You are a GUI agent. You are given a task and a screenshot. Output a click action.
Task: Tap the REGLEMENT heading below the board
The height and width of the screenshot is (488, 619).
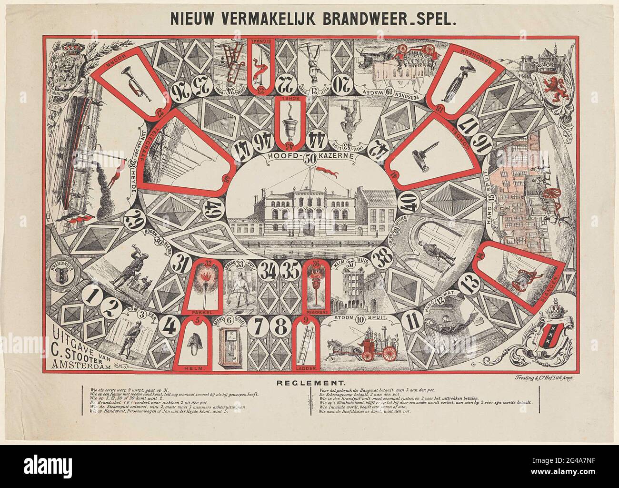point(309,382)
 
